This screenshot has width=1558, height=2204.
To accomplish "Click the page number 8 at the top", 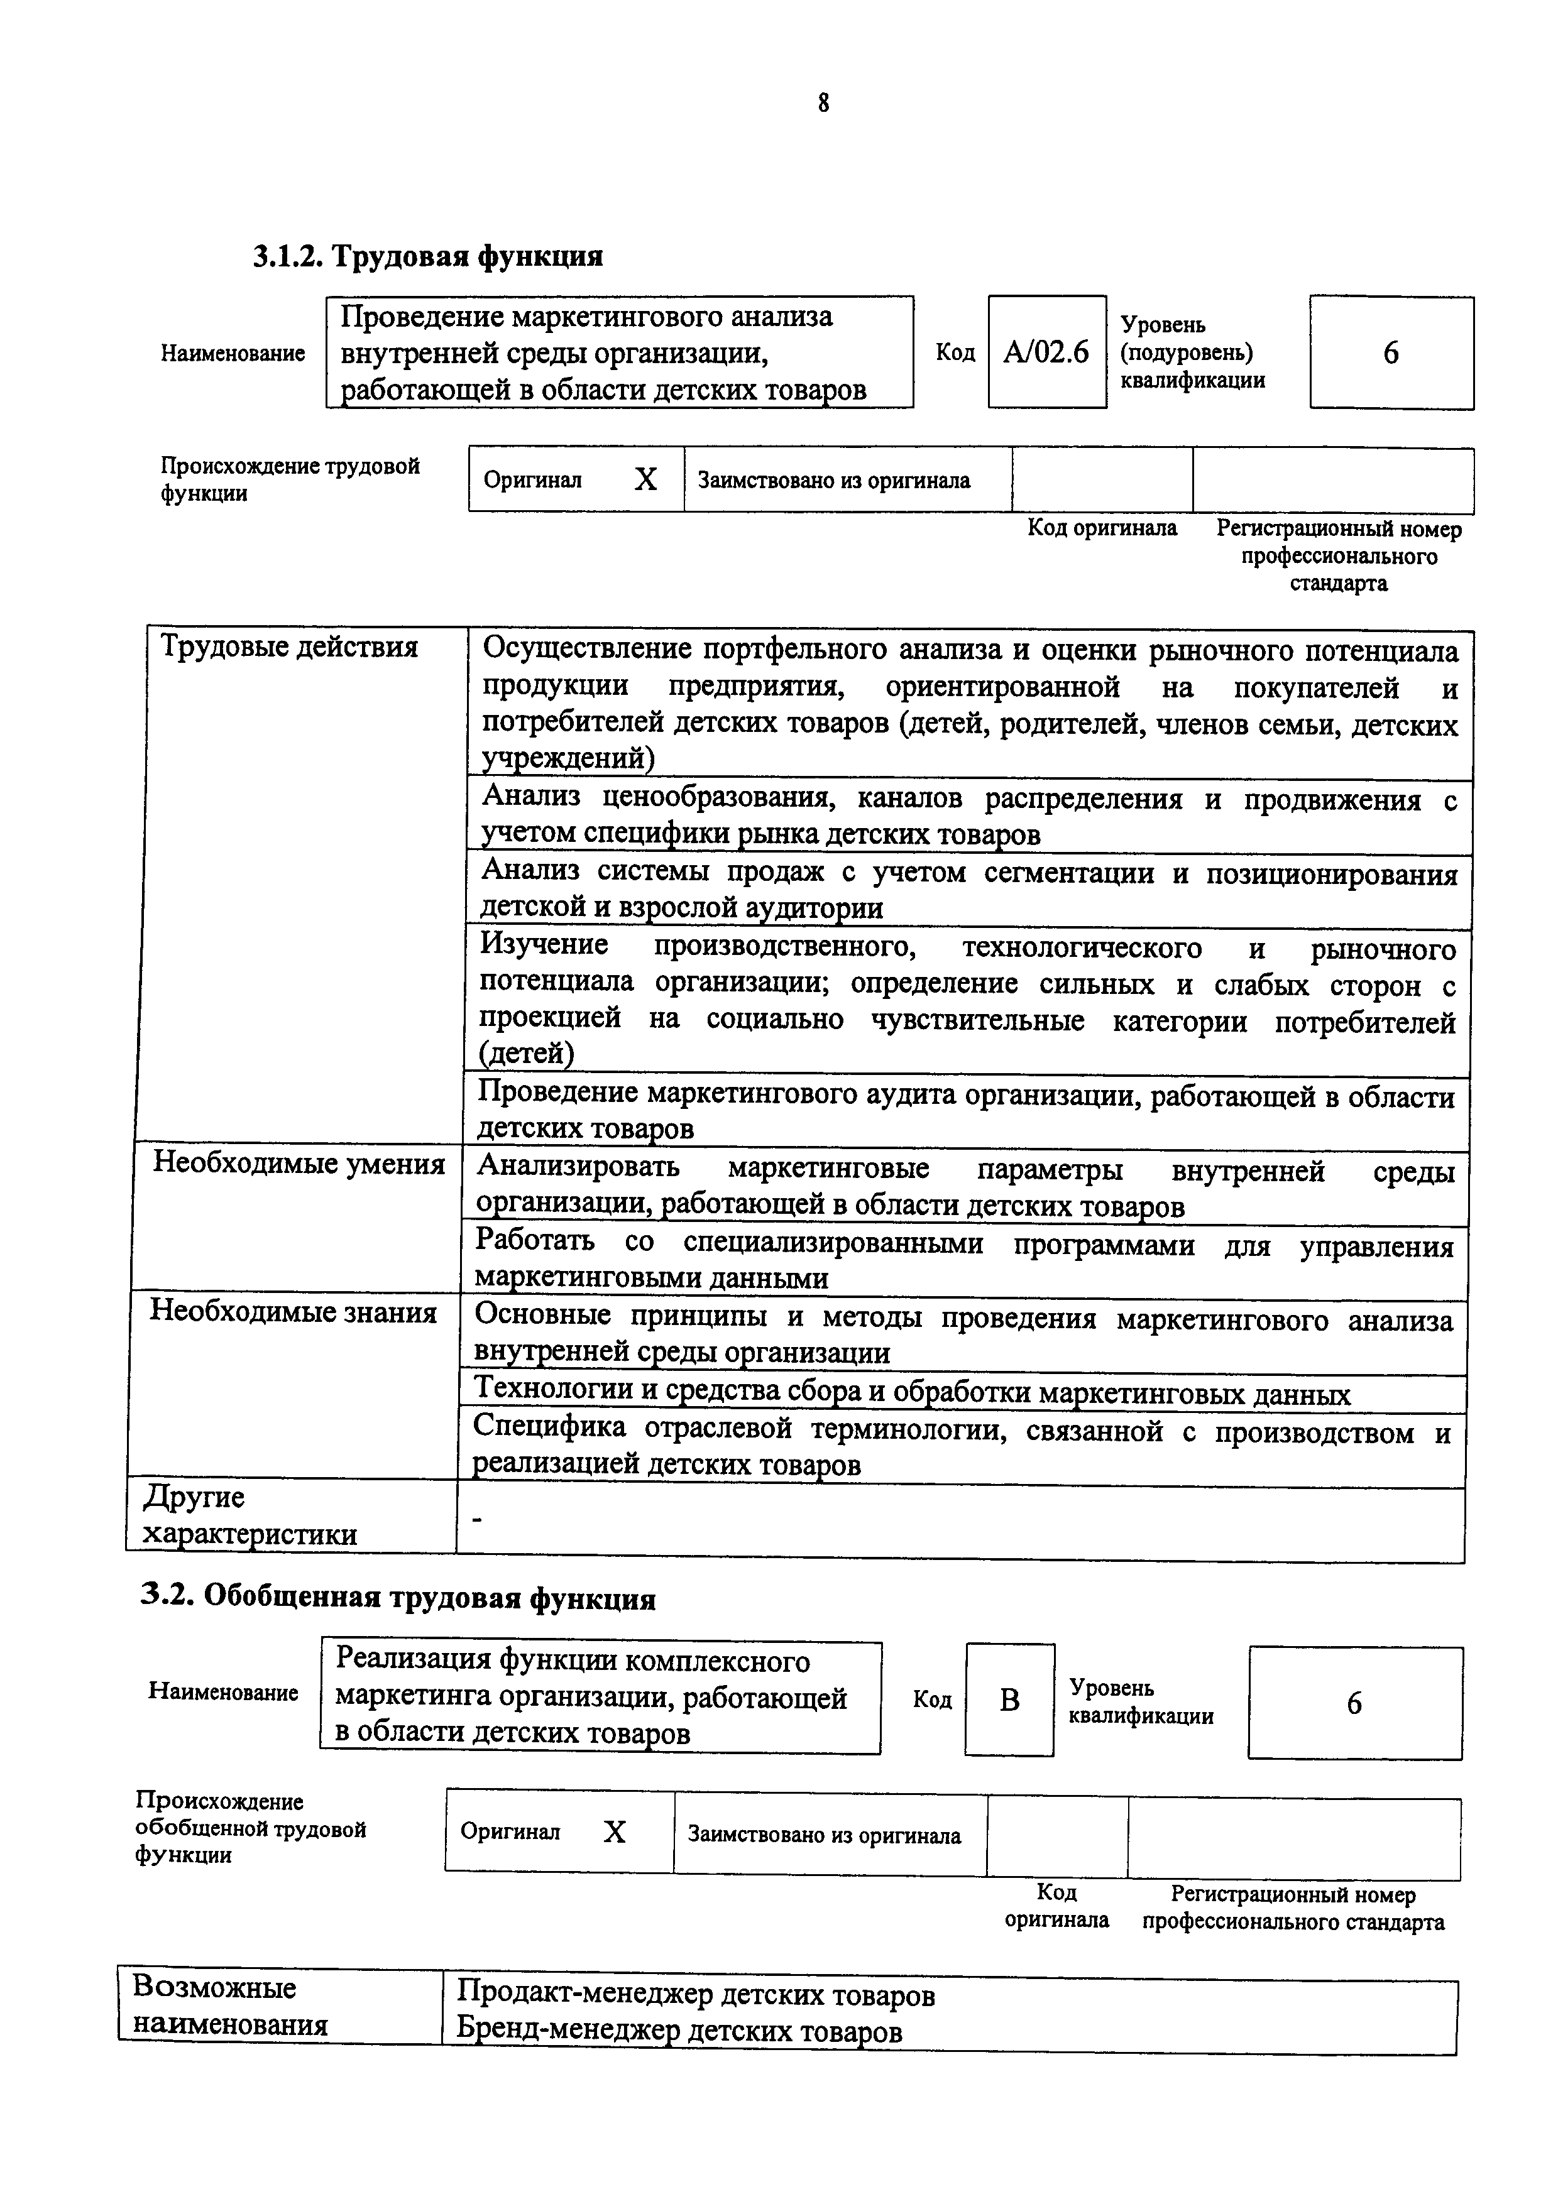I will click(x=824, y=102).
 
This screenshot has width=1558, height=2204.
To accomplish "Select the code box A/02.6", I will click(x=1046, y=352).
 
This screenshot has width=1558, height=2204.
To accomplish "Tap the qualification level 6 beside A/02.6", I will click(x=1390, y=353).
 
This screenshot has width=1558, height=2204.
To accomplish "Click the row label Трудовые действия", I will click(x=289, y=647).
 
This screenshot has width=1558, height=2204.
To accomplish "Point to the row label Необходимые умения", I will click(x=299, y=1164).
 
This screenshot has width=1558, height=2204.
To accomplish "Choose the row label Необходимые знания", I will click(x=293, y=1311).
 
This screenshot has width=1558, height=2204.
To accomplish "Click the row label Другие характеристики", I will click(x=249, y=1515).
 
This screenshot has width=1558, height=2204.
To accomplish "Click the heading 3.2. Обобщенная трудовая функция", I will click(x=397, y=1597).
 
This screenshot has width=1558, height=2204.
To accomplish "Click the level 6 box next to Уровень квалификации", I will click(x=1354, y=1703).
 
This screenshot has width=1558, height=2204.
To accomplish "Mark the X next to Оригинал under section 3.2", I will click(x=615, y=1831).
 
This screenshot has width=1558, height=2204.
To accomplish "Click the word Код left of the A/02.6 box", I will click(x=955, y=353).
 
